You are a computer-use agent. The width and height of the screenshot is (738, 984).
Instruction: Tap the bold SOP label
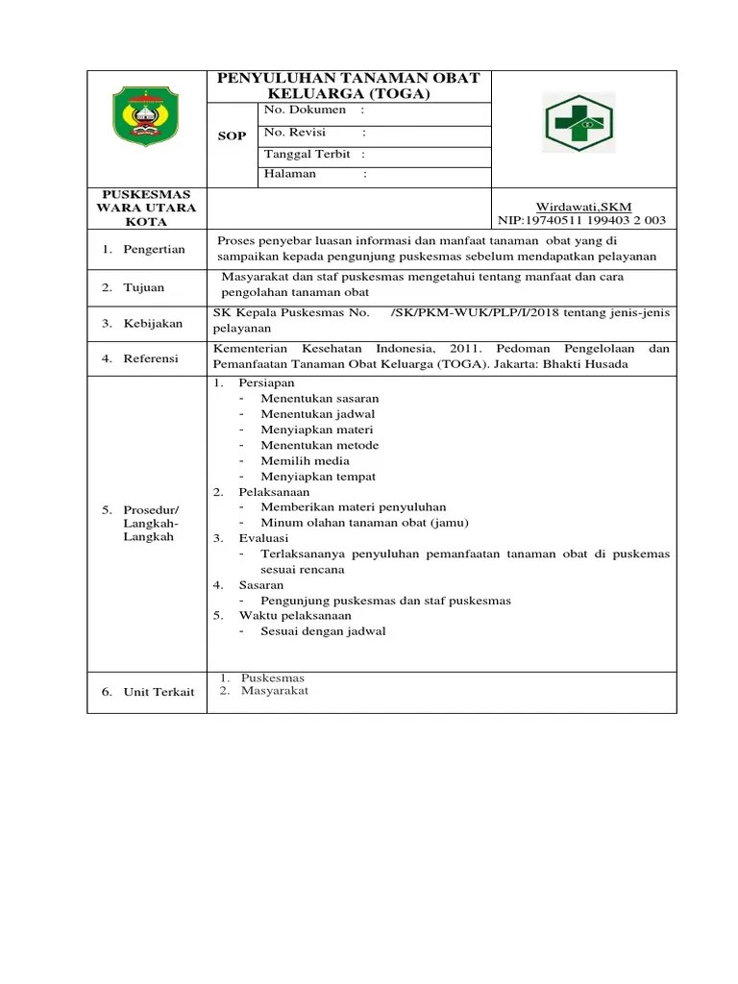pyautogui.click(x=232, y=135)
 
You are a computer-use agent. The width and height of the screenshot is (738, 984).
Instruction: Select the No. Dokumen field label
pyautogui.click(x=305, y=111)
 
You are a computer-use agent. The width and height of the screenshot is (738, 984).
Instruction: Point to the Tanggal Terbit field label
pyautogui.click(x=307, y=155)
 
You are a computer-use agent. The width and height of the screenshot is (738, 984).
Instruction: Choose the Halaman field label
pyautogui.click(x=289, y=174)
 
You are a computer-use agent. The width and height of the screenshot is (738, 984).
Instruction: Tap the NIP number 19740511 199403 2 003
pyautogui.click(x=581, y=220)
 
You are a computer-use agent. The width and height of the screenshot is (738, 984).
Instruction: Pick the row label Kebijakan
pyautogui.click(x=153, y=324)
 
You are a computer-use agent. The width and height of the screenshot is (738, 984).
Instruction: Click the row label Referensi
pyautogui.click(x=151, y=358)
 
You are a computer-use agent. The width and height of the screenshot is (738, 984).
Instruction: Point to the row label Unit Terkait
pyautogui.click(x=159, y=692)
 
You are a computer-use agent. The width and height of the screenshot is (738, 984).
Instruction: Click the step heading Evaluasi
pyautogui.click(x=263, y=538)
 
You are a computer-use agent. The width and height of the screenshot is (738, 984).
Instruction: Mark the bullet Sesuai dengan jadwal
pyautogui.click(x=323, y=631)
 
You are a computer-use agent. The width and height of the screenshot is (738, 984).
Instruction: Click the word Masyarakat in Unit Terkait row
pyautogui.click(x=275, y=690)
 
